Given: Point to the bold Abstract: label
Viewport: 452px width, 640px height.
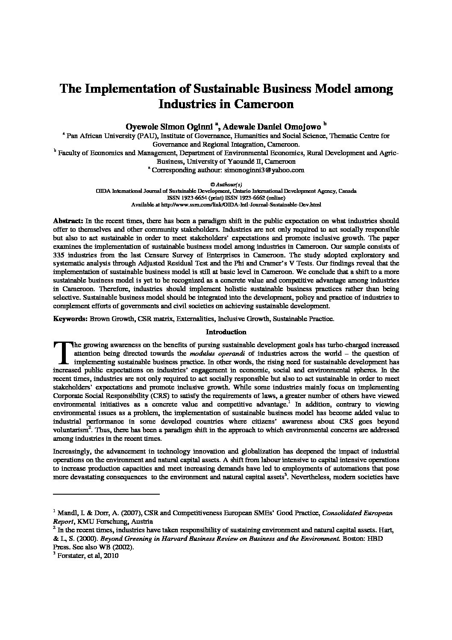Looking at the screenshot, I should coord(68,221).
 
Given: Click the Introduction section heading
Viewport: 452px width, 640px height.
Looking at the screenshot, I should coord(226,332).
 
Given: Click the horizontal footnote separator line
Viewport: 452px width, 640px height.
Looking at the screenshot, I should coord(106,494).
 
